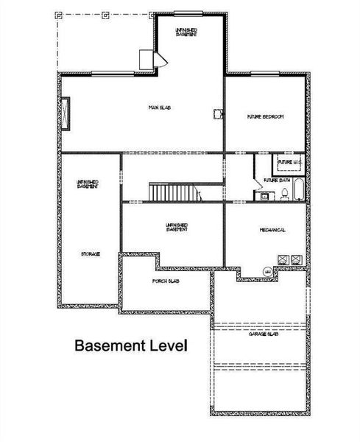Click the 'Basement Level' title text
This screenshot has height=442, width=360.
point(130,345)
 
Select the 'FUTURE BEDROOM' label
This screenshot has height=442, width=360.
point(266,117)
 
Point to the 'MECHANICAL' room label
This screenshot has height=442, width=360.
point(272,230)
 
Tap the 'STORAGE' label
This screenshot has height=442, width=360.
point(90,253)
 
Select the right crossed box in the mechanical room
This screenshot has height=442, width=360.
point(296,259)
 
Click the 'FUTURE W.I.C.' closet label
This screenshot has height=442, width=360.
point(287,161)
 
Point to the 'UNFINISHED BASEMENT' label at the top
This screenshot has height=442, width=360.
point(186,31)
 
